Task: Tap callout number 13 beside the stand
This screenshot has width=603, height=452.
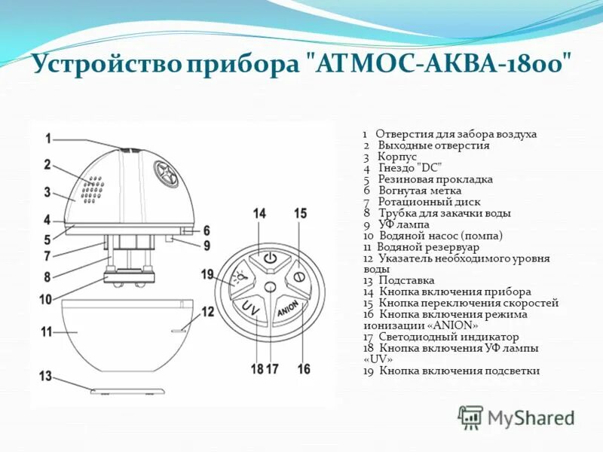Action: [45, 376]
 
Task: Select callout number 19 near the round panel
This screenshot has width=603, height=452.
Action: [208, 275]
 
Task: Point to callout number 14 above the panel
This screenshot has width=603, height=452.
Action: [259, 214]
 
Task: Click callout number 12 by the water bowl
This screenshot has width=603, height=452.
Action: [207, 311]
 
